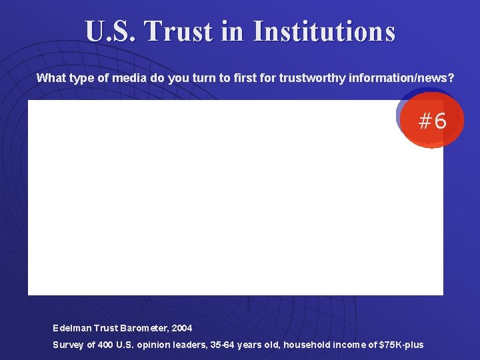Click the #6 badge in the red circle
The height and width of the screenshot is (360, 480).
(x=432, y=121)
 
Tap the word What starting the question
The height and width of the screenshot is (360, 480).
(x=49, y=78)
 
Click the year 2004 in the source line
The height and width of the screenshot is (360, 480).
(x=181, y=328)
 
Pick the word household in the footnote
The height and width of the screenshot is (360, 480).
(x=297, y=345)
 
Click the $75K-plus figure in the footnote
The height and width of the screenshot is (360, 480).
(x=401, y=345)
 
